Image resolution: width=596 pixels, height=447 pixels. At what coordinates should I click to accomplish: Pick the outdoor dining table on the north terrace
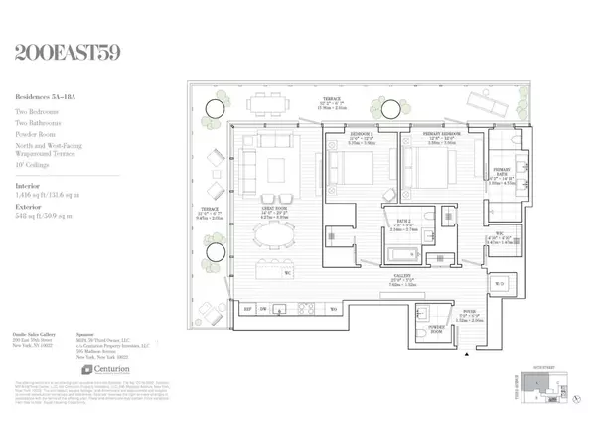tap(264, 102)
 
